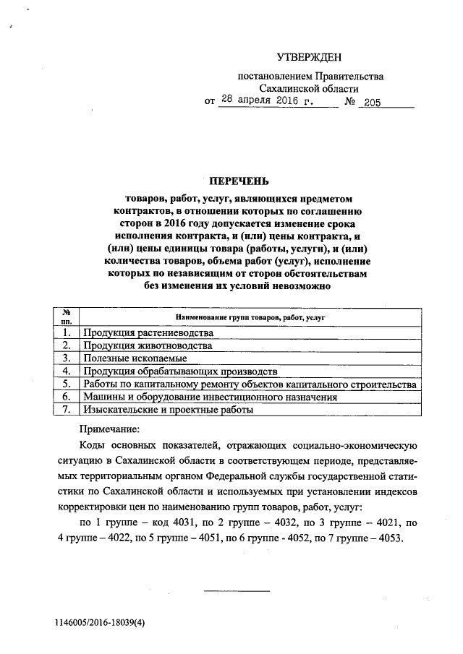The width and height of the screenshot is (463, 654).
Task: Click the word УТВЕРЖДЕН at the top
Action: [309, 56]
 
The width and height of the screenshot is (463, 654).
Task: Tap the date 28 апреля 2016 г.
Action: [267, 101]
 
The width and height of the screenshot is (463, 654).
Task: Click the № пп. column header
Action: [66, 316]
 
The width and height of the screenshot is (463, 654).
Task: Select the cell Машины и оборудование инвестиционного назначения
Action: [210, 397]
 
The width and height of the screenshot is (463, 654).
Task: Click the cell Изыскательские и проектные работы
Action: [168, 410]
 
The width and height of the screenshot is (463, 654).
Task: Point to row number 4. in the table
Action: [66, 371]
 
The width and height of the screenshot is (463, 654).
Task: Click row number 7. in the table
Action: [66, 410]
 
